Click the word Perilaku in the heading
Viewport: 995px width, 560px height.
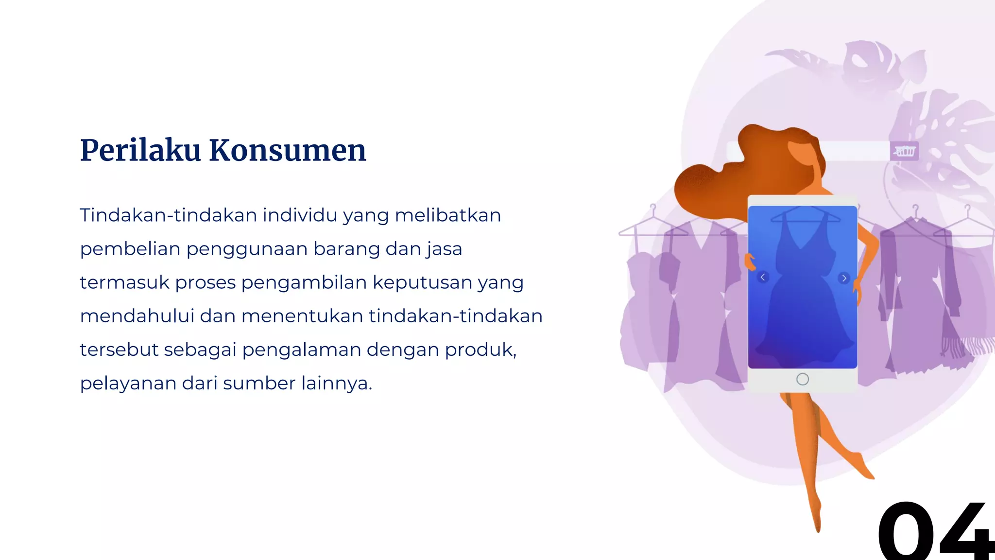point(140,150)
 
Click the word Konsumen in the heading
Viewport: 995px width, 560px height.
point(288,150)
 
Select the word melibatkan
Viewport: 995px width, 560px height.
point(447,215)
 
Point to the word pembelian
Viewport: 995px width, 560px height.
point(130,249)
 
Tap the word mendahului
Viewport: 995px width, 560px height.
point(137,316)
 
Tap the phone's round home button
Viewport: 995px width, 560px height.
point(803,379)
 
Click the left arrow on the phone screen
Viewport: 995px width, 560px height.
point(763,277)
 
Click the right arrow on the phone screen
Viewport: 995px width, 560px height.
point(844,278)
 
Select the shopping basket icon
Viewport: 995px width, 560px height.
point(905,151)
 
